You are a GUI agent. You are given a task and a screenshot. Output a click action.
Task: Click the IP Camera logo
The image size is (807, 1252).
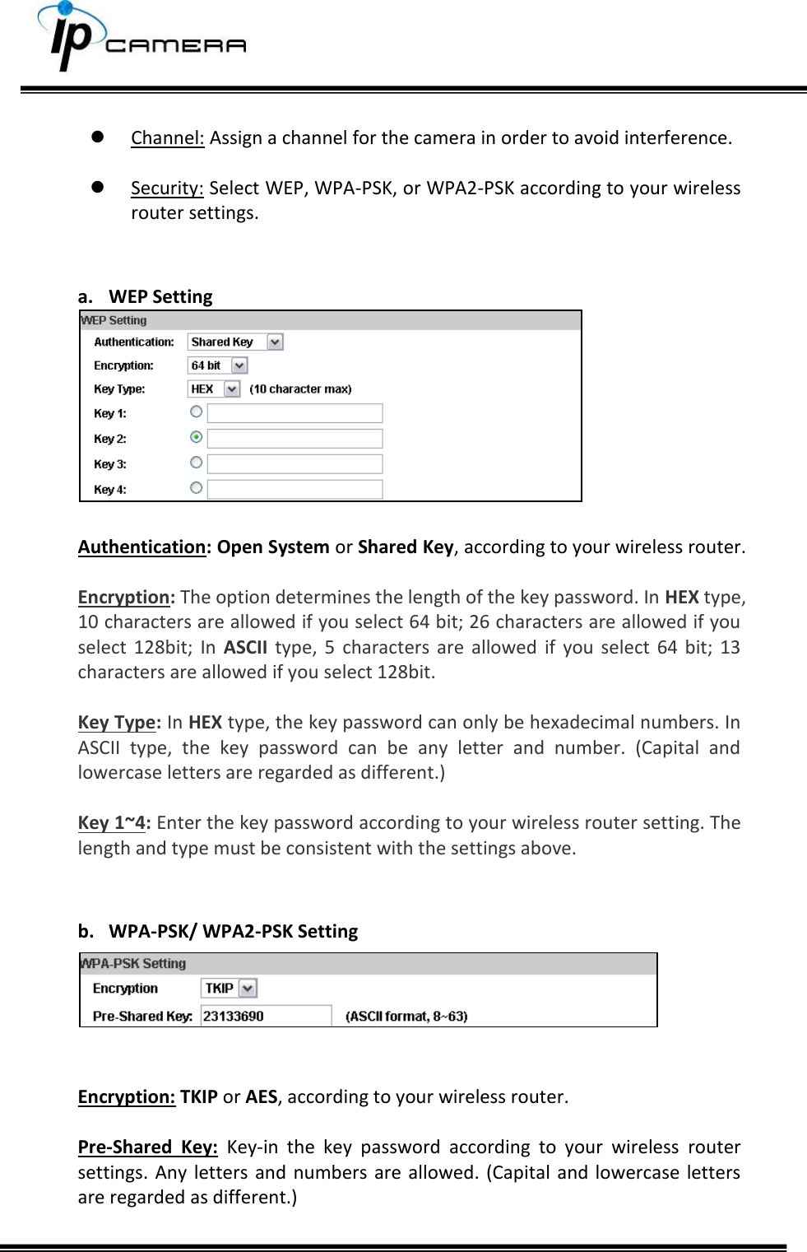point(140,39)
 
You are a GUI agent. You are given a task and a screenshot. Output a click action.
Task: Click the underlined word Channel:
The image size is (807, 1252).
point(167,137)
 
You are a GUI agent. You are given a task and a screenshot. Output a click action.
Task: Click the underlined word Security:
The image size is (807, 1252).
point(167,188)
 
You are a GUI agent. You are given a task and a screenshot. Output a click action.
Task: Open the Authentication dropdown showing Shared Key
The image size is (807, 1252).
point(235,342)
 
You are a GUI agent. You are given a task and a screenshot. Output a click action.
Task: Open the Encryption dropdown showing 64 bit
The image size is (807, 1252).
point(218,365)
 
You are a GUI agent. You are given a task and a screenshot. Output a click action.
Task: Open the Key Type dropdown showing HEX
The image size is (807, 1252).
point(214,389)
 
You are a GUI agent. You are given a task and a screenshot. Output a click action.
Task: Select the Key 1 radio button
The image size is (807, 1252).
point(197,412)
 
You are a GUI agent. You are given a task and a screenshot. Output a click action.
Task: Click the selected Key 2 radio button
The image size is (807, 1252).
point(197,437)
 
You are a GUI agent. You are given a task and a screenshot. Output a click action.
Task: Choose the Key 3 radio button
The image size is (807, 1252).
point(197,463)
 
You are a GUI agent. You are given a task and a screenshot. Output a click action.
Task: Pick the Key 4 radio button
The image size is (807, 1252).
point(197,488)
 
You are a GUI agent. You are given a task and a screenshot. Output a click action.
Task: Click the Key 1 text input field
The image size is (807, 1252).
point(295,413)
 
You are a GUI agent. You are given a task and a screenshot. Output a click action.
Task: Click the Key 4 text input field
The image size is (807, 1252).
point(295,490)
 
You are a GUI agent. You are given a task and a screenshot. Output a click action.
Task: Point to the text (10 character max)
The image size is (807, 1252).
point(300,389)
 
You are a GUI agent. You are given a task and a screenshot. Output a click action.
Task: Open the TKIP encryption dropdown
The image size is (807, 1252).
point(230,988)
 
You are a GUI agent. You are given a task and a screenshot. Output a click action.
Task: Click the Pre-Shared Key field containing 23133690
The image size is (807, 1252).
point(266,1016)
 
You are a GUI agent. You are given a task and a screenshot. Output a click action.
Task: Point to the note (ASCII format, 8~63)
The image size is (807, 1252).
point(406,1017)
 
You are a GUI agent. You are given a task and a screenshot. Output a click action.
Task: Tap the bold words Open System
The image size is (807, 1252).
point(273,547)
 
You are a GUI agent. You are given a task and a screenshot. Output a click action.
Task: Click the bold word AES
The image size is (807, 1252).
point(262,1097)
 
